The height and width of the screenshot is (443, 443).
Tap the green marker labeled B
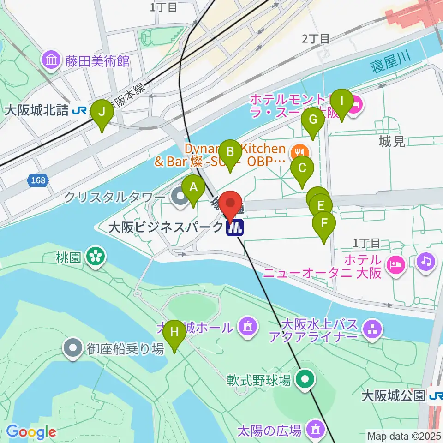click(x=230, y=152)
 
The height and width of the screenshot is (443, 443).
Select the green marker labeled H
click(x=174, y=332)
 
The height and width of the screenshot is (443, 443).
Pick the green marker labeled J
click(x=102, y=112)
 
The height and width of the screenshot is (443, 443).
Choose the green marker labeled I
click(x=341, y=101)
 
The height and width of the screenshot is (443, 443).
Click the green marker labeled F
click(x=324, y=224)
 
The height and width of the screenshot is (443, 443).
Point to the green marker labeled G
click(x=313, y=120)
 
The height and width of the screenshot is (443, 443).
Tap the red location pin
click(x=230, y=203)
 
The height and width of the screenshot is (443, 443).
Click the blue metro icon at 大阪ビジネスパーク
click(x=235, y=227)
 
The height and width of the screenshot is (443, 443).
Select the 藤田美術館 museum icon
click(x=51, y=60)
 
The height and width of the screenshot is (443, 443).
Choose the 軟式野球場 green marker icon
click(x=305, y=380)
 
